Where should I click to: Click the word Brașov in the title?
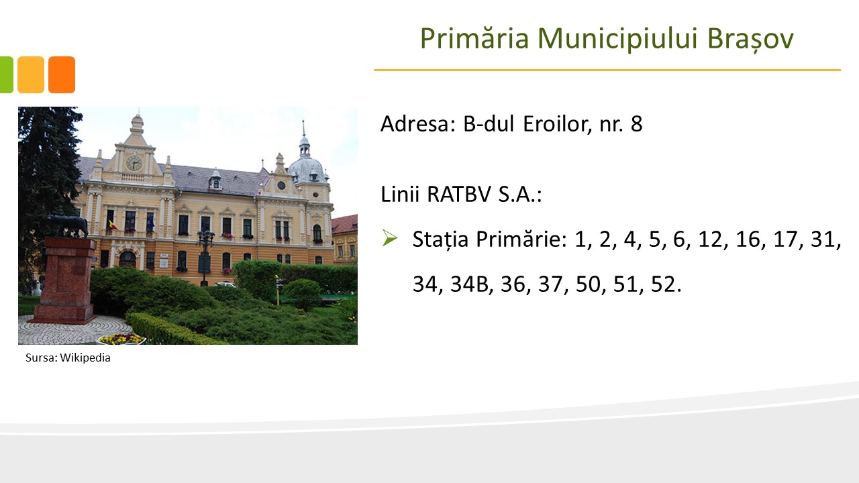(x=750, y=38)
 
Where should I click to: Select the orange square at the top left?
(x=62, y=74)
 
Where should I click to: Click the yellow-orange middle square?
(x=31, y=74)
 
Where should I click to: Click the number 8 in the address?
(x=637, y=124)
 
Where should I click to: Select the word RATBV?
(x=458, y=194)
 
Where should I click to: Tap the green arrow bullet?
(x=390, y=237)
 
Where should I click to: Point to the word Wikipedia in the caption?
(x=85, y=358)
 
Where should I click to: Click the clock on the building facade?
(x=134, y=162)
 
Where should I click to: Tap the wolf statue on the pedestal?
(x=69, y=226)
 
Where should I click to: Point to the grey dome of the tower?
(x=307, y=168)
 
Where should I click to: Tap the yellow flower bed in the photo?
(x=121, y=339)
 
